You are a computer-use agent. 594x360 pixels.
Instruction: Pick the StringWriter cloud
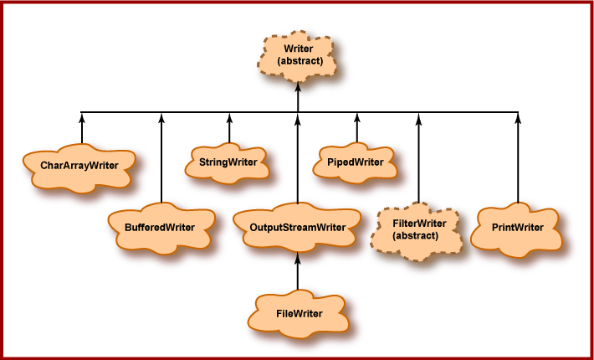click(228, 160)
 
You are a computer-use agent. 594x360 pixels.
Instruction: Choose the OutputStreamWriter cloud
click(298, 227)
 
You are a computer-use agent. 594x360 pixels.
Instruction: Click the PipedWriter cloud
click(356, 160)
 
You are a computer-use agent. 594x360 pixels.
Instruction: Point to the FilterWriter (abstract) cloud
click(416, 229)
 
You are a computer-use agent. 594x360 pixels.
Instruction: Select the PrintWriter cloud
click(518, 227)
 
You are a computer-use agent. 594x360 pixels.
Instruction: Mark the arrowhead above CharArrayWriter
click(81, 117)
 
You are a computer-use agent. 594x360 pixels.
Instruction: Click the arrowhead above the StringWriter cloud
click(228, 117)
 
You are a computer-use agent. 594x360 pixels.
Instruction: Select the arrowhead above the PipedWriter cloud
click(356, 117)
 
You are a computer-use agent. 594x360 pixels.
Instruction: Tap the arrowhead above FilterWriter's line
click(418, 117)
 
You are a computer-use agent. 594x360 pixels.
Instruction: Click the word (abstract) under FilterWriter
click(416, 236)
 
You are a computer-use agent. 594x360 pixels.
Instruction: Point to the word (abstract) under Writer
click(298, 62)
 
